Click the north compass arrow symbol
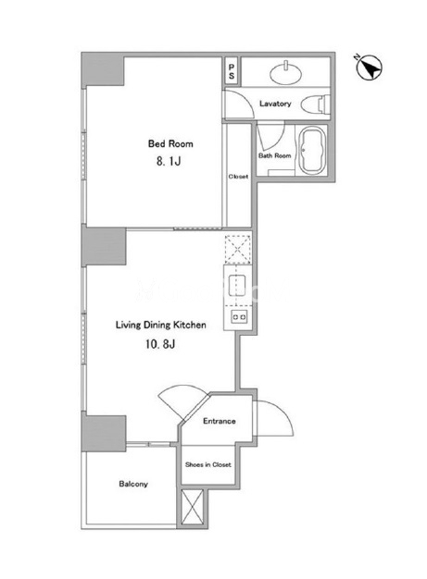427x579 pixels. (369, 68)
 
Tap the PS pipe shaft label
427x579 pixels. (232, 71)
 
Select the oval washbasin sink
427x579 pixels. (286, 72)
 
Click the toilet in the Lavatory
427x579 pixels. (315, 105)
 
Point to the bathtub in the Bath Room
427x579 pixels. (311, 151)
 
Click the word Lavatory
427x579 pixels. (275, 104)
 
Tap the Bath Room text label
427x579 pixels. (275, 155)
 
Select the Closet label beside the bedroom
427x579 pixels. (238, 177)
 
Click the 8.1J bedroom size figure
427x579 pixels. (169, 161)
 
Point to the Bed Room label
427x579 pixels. (170, 143)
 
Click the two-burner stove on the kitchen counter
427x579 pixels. (239, 317)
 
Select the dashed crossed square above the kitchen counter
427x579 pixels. (237, 249)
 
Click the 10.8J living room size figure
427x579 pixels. (160, 344)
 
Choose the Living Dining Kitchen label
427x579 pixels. (161, 326)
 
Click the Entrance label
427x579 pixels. (220, 421)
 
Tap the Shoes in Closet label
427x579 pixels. (208, 464)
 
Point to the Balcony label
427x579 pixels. (133, 484)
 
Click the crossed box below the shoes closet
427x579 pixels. (193, 507)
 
